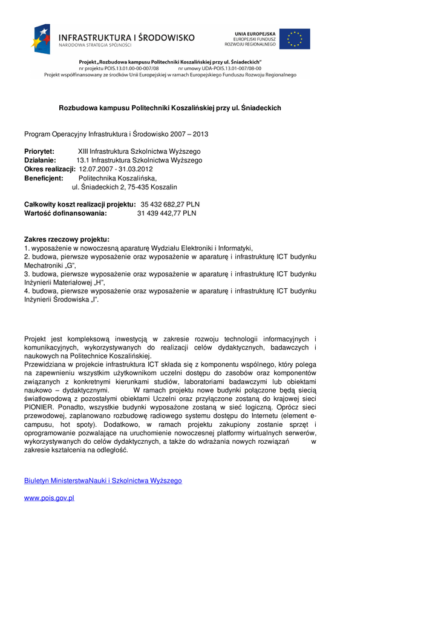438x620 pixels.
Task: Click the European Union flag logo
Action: [295, 39]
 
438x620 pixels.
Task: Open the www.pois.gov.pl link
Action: [49, 498]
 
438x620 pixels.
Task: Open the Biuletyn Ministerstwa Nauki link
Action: [103, 481]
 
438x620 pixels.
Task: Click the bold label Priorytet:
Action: [39, 151]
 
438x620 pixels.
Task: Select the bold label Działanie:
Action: [40, 160]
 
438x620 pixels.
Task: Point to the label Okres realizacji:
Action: [50, 170]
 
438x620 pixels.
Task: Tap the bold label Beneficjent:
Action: [44, 179]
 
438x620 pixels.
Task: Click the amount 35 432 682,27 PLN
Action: [170, 205]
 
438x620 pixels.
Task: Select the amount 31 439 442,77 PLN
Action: [166, 214]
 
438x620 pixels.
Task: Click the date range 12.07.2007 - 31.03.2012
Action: [116, 170]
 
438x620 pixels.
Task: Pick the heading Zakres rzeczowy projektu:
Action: [67, 240]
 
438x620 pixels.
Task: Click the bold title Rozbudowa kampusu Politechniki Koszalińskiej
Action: [170, 108]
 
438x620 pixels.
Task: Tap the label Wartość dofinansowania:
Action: [65, 214]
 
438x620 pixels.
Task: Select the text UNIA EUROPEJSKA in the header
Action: [255, 33]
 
